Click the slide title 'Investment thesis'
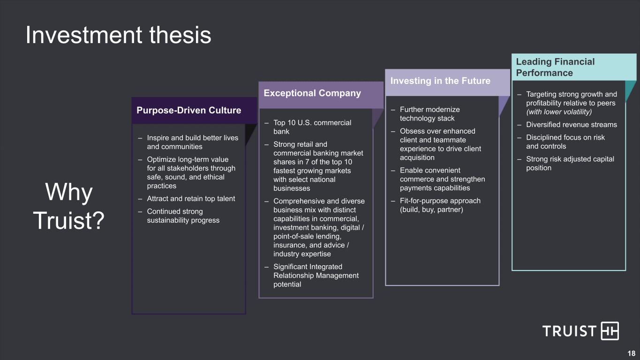(x=118, y=35)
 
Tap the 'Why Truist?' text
(x=69, y=206)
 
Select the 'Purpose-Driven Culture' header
(x=188, y=111)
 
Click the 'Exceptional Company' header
(x=312, y=93)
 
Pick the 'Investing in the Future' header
(x=440, y=81)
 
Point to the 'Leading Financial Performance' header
(x=555, y=67)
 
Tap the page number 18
(x=631, y=353)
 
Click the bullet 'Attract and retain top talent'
(x=191, y=199)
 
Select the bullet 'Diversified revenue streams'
(x=571, y=125)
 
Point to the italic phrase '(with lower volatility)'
(x=559, y=112)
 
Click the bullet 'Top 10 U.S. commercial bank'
(x=312, y=127)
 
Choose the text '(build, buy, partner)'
(x=431, y=210)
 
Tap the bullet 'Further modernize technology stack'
(x=429, y=114)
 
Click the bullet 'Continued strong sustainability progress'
(x=183, y=216)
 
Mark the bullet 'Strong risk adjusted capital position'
(x=570, y=163)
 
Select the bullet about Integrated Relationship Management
(x=316, y=275)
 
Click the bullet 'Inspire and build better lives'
(x=192, y=142)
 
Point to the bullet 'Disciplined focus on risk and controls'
(x=565, y=142)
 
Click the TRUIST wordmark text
(x=569, y=331)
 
